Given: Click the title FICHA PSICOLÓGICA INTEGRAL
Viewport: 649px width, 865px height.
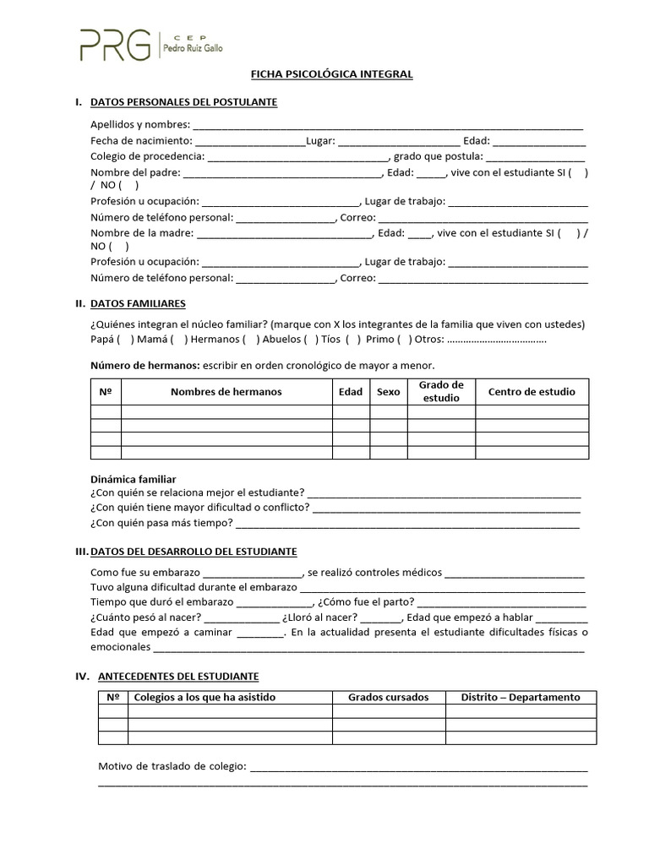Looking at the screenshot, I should pos(331,74).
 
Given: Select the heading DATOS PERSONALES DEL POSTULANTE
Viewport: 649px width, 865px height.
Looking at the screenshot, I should pos(183,102).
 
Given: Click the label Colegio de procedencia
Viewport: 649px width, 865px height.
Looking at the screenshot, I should pos(147,156).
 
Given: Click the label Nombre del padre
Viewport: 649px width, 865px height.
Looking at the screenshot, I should pos(134,172).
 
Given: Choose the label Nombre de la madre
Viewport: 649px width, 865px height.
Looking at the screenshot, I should pos(142,232).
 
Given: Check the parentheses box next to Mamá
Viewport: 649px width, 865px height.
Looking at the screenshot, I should pos(177,340).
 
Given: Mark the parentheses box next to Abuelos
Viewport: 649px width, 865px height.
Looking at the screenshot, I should pos(310,340).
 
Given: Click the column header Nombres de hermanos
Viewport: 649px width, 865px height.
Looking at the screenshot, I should pos(226,392).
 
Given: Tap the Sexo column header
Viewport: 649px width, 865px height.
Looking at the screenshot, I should pos(388,392).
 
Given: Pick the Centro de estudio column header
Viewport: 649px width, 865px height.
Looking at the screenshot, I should pos(532,392).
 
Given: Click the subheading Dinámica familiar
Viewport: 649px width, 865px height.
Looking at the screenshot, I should pos(134,479).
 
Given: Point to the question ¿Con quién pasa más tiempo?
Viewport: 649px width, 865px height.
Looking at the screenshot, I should pos(161,523).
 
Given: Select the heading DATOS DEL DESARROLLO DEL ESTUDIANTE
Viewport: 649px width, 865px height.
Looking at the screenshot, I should pos(194,552).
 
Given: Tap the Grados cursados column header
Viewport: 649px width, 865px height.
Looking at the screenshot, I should pos(388,697).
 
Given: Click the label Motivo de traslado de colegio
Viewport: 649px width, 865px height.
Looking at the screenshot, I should pos(172,766).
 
